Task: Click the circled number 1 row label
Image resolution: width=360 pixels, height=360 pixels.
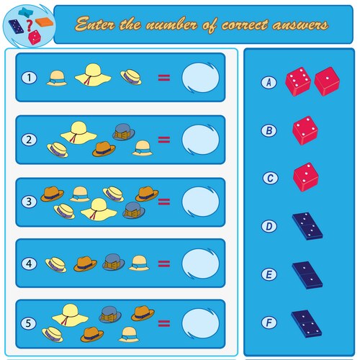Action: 29,78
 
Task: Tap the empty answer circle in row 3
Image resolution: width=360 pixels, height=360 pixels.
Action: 200,202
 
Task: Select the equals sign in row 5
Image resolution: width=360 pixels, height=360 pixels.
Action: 164,323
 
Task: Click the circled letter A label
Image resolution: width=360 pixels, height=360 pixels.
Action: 269,82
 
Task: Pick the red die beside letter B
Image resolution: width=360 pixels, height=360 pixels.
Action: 305,130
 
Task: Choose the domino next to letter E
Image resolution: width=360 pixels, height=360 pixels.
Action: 307,275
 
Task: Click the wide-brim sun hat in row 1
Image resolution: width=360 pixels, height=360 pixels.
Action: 93,75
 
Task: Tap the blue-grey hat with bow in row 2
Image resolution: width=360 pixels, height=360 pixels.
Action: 124,132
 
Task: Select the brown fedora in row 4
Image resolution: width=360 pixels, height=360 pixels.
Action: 85,264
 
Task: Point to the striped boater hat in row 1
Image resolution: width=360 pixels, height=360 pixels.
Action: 131,77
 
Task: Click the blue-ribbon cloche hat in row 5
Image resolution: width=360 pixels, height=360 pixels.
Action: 129,334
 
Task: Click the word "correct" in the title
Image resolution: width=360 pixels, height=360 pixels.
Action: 244,24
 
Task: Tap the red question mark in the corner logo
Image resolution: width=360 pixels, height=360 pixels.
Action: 29,25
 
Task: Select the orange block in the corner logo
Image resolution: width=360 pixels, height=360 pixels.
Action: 45,22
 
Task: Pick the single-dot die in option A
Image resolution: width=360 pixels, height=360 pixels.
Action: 327,81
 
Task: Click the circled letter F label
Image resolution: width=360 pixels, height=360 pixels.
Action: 269,323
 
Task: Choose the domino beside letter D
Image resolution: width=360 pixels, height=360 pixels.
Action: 307,226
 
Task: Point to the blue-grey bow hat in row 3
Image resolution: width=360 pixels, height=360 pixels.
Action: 134,210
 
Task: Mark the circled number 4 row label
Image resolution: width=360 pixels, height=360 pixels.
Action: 29,264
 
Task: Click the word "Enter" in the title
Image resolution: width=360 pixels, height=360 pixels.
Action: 95,24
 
